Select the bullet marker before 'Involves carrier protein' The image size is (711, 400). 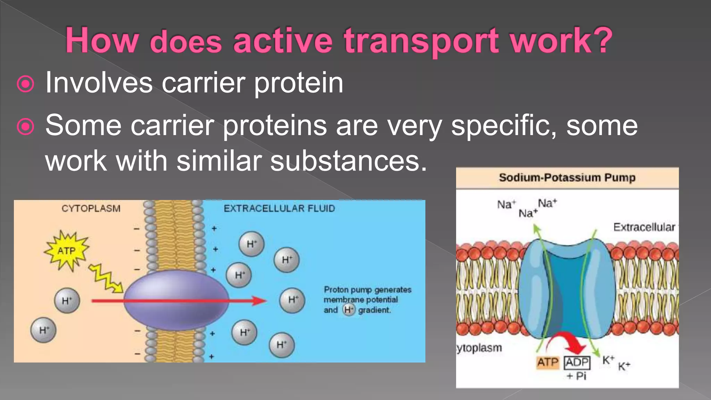click(x=26, y=84)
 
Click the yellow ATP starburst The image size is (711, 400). click(x=66, y=250)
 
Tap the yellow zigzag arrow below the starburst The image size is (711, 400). click(x=106, y=278)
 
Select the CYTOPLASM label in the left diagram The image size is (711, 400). click(x=91, y=209)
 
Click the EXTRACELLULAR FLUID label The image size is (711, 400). click(x=279, y=209)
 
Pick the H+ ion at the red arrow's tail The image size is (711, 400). click(x=67, y=301)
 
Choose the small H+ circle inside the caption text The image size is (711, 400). click(x=349, y=310)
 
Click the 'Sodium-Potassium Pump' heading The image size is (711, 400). click(x=567, y=178)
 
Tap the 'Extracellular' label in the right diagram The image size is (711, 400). click(x=644, y=227)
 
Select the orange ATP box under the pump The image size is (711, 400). click(x=547, y=362)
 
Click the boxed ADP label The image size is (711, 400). click(x=577, y=362)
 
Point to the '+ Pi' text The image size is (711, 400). click(x=576, y=376)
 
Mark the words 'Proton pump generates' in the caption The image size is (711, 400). click(x=367, y=290)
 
